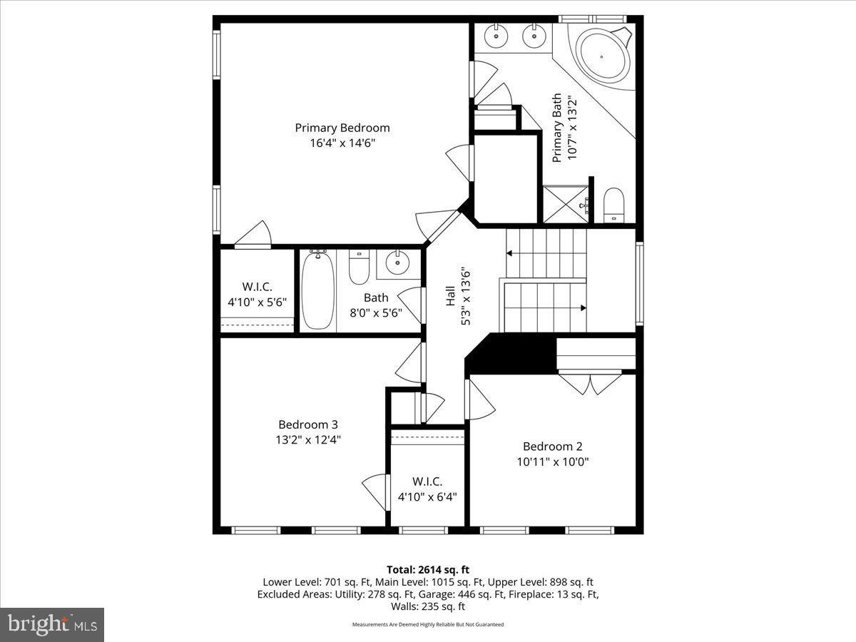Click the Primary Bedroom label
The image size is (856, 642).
coord(342,128)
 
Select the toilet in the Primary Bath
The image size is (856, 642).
coord(614,205)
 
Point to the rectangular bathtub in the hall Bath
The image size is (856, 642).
coord(318,291)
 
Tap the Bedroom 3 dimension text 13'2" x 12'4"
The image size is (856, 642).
coord(308,440)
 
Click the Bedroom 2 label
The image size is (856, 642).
coord(552,446)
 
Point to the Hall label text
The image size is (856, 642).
coord(451,296)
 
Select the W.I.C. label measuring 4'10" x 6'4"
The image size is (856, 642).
coord(427,481)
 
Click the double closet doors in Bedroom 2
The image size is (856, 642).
coord(590,383)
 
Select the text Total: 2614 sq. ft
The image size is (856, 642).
coord(428,569)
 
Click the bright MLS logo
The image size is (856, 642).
coord(52,624)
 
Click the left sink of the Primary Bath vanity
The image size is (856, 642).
coord(494,35)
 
